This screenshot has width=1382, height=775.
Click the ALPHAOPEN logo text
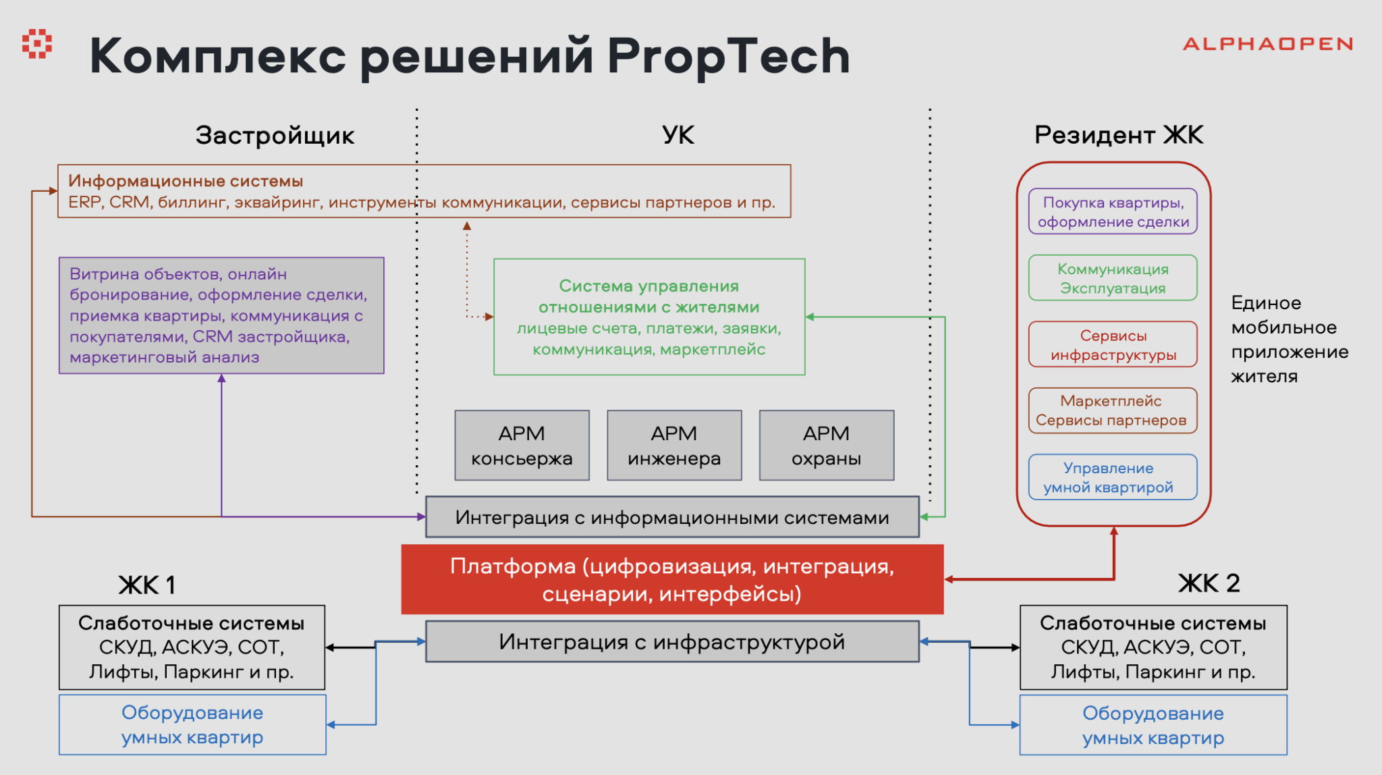coord(1267,45)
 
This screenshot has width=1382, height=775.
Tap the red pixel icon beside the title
coord(37,44)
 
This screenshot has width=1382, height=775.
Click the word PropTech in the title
coord(728,56)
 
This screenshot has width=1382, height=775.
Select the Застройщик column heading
coord(275,136)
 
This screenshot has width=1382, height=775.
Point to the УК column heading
coord(678,136)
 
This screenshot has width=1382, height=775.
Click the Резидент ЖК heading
coord(1118,136)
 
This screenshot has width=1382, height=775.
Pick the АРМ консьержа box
coord(522,446)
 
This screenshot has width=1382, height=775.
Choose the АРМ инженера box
coord(674,446)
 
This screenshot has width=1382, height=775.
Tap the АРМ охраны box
coord(827,446)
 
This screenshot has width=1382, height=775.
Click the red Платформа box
coord(672,580)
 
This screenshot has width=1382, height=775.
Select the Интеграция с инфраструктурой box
coord(672,642)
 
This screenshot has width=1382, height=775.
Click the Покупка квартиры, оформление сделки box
coord(1113,212)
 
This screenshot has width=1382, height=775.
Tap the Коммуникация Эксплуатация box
coord(1113,278)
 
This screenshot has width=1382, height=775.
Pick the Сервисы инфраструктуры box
coord(1113,345)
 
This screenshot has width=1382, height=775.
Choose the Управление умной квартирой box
coord(1113,477)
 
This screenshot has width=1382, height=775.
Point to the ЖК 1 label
coord(146,585)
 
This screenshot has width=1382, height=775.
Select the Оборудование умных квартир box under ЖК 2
coord(1153,725)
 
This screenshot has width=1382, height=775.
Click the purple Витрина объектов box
coord(221,315)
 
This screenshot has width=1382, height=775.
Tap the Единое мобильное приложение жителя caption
coord(1289,340)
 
